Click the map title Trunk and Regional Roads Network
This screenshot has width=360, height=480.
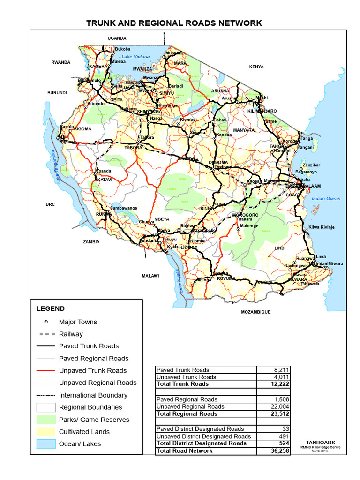tap(174, 23)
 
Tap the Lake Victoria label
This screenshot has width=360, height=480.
tap(135, 57)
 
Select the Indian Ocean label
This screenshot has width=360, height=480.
tap(326, 199)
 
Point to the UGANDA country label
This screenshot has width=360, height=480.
tap(117, 38)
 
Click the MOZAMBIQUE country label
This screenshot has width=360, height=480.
tap(255, 312)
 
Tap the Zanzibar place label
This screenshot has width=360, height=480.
tap(311, 165)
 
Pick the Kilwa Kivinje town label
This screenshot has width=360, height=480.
tap(321, 227)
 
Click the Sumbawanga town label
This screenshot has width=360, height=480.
tap(123, 208)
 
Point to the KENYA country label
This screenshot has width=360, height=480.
tap(256, 67)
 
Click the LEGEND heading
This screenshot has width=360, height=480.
tap(51, 309)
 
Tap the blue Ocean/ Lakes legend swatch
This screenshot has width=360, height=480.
tap(46, 444)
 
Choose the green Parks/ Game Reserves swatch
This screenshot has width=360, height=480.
tap(46, 420)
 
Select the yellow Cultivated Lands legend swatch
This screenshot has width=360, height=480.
tap(46, 432)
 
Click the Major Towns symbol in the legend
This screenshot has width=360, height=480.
tap(46, 322)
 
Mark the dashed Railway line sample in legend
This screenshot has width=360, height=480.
tap(46, 334)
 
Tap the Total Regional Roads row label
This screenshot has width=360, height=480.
tap(187, 414)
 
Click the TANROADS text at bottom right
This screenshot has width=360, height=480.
tap(321, 442)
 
